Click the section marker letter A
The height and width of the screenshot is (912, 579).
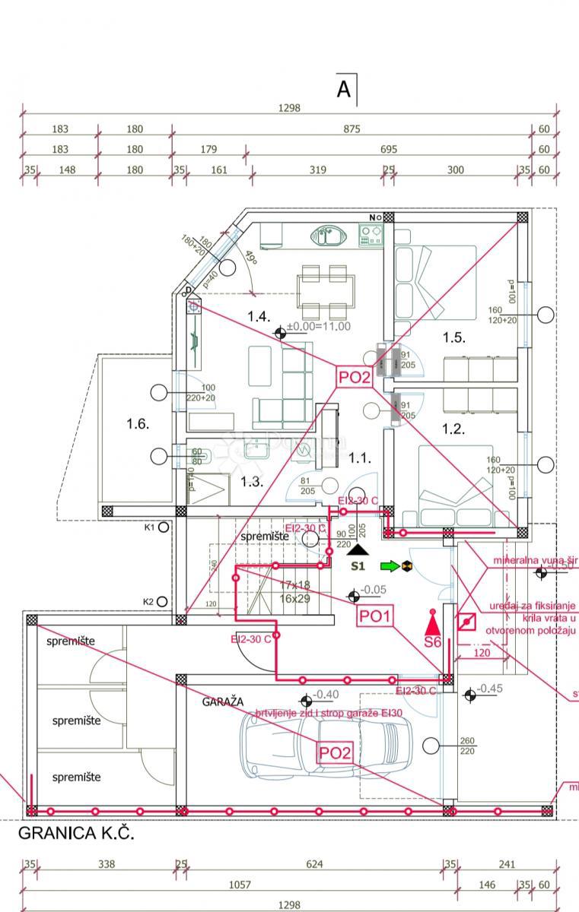click(x=344, y=90)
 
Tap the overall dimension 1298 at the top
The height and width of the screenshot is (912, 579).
click(x=289, y=108)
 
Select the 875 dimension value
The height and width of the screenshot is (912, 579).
click(x=351, y=129)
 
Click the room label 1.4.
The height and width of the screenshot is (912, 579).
click(x=259, y=315)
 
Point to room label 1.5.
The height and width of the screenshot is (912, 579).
click(x=453, y=337)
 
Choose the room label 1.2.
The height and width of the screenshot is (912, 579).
click(x=453, y=429)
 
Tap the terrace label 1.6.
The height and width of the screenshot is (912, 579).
click(x=138, y=424)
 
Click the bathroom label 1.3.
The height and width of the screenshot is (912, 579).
click(x=252, y=481)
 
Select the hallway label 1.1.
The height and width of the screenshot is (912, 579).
click(x=359, y=458)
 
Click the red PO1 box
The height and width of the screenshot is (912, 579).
click(x=375, y=616)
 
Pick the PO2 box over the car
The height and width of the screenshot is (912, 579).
click(x=335, y=752)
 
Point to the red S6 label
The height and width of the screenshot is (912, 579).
click(x=432, y=641)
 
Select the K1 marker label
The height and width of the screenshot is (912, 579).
click(x=149, y=527)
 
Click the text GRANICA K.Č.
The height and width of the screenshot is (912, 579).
click(x=76, y=833)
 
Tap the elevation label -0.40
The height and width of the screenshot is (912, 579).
click(x=326, y=694)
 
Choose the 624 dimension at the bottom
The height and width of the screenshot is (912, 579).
click(x=314, y=864)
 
